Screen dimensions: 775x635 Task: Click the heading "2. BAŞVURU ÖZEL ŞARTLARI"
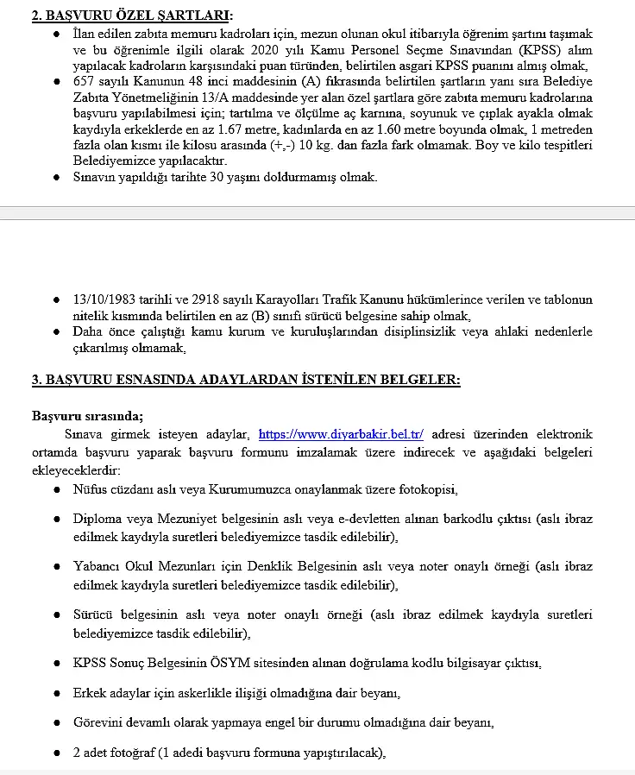131,16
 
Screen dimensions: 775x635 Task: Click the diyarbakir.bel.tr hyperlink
341,434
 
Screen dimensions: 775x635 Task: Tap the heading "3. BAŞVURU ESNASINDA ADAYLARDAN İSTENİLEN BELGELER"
246,379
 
